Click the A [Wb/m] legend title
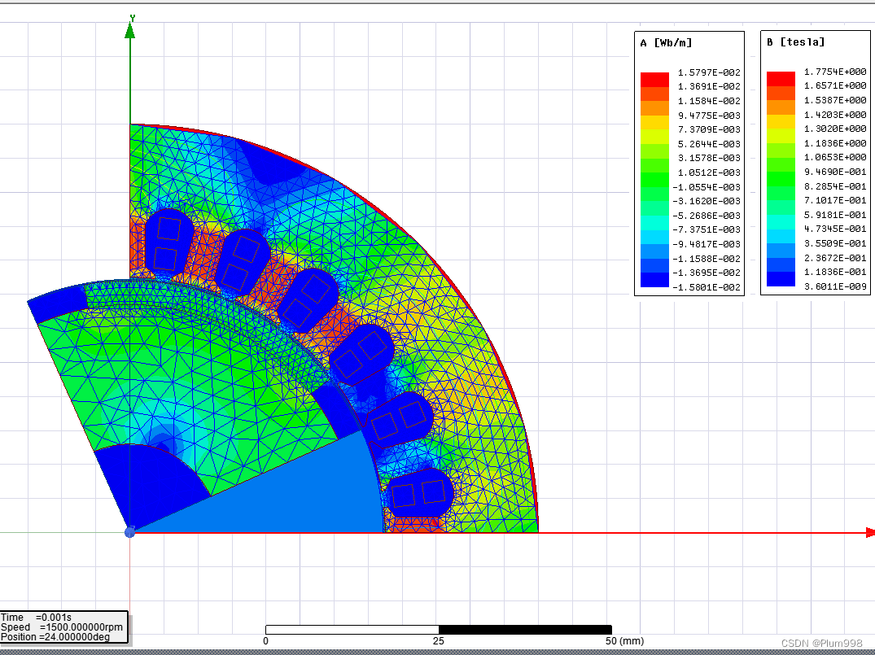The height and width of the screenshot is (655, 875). pyautogui.click(x=666, y=43)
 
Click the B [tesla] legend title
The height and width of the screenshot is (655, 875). pyautogui.click(x=795, y=41)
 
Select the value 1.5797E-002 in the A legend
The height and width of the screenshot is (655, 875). pyautogui.click(x=709, y=72)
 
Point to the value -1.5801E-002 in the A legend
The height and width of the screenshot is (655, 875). pyautogui.click(x=707, y=287)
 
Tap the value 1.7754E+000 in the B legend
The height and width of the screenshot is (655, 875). pyautogui.click(x=835, y=72)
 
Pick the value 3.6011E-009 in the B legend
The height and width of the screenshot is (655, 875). pyautogui.click(x=835, y=286)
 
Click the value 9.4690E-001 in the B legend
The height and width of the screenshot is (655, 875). pyautogui.click(x=835, y=172)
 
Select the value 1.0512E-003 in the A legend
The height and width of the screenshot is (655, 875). pyautogui.click(x=709, y=172)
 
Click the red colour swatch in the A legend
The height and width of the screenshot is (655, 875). pyautogui.click(x=654, y=80)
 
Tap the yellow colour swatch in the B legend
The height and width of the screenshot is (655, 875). pyautogui.click(x=781, y=121)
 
